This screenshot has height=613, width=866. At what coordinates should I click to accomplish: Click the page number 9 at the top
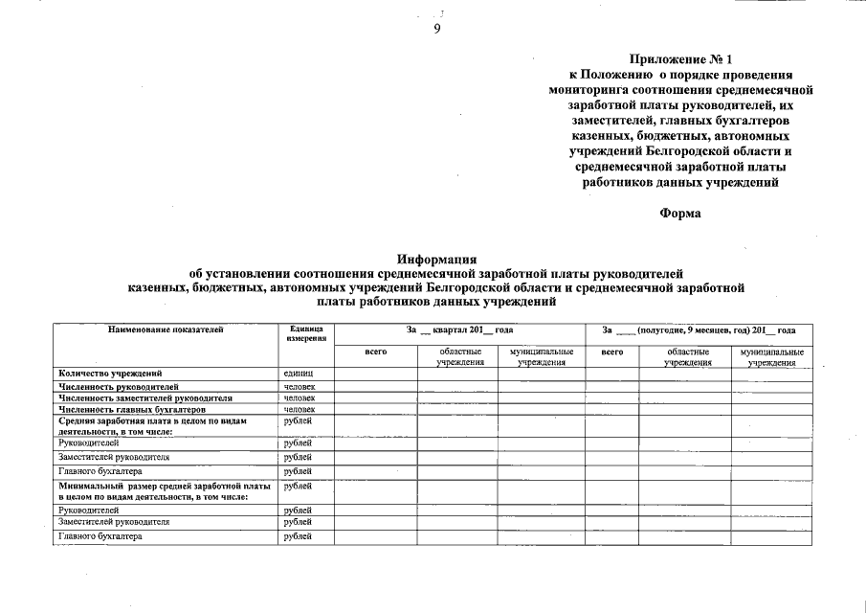[x=436, y=29]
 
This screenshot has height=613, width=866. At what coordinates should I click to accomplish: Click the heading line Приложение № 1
[x=680, y=59]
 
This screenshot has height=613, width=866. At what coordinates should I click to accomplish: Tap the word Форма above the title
[x=680, y=213]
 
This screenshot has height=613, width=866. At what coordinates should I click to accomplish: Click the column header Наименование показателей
[x=166, y=329]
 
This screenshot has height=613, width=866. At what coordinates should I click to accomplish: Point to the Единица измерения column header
[x=305, y=333]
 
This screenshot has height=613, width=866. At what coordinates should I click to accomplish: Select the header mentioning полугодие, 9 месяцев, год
[x=699, y=329]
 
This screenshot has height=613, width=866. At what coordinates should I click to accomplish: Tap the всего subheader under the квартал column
[x=376, y=352]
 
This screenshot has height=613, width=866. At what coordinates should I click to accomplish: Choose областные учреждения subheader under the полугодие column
[x=687, y=357]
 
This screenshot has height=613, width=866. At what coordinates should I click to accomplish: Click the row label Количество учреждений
[x=110, y=373]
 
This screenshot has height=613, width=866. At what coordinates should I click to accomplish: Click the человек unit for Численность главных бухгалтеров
[x=300, y=409]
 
